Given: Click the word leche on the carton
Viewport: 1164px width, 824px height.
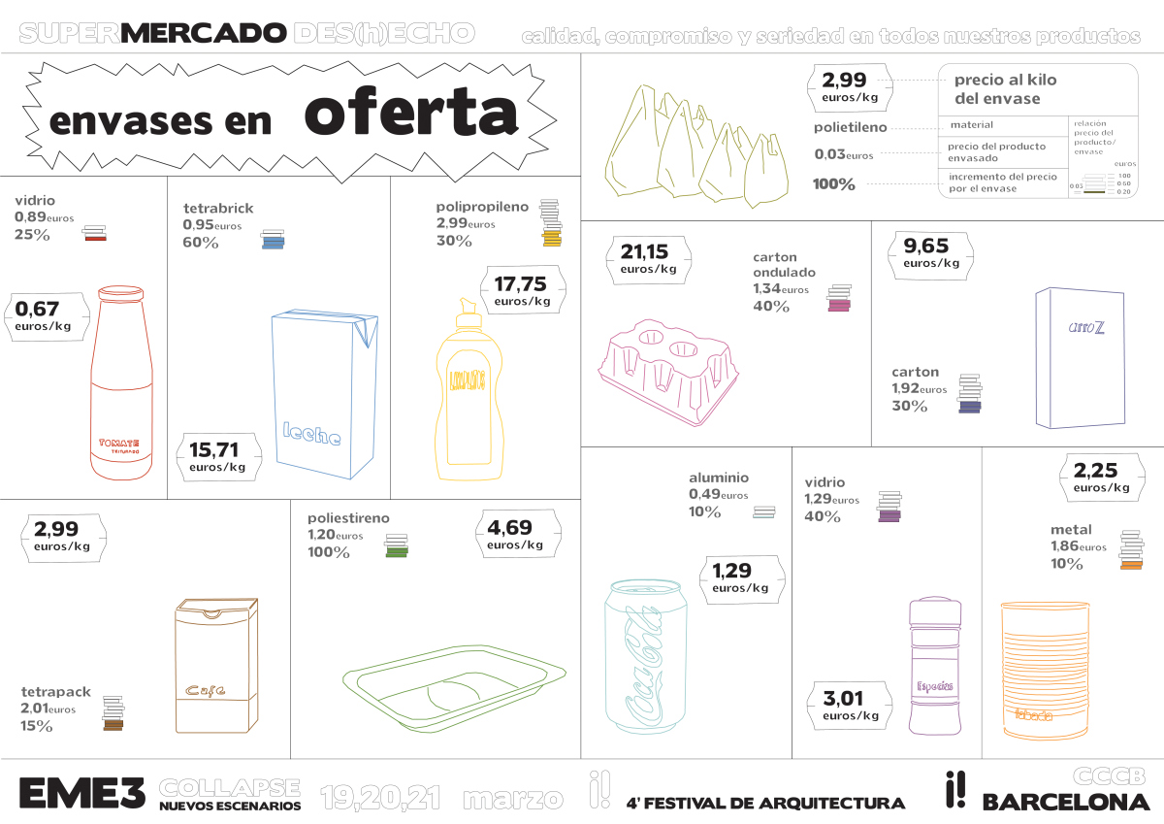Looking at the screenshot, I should [x=311, y=435].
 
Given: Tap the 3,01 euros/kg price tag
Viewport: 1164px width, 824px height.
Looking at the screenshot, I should [x=851, y=705].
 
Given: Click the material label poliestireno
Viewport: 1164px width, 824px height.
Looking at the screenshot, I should [x=348, y=518].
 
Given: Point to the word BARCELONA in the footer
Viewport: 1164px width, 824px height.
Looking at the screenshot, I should [x=1065, y=803].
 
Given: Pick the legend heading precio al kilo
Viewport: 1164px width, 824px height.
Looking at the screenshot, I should [x=1005, y=81].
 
